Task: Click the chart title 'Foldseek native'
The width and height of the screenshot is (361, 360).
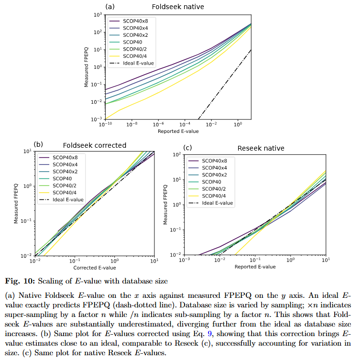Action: (x=178, y=7)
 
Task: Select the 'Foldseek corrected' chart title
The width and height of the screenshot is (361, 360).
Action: (x=95, y=145)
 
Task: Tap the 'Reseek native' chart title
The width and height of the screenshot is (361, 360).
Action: (x=261, y=148)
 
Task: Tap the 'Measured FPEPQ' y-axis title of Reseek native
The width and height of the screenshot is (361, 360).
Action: (x=166, y=204)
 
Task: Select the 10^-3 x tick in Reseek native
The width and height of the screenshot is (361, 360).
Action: (x=184, y=260)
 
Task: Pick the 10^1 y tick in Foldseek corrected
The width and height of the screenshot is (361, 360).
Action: (x=28, y=152)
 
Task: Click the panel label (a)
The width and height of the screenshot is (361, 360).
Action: (x=110, y=7)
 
